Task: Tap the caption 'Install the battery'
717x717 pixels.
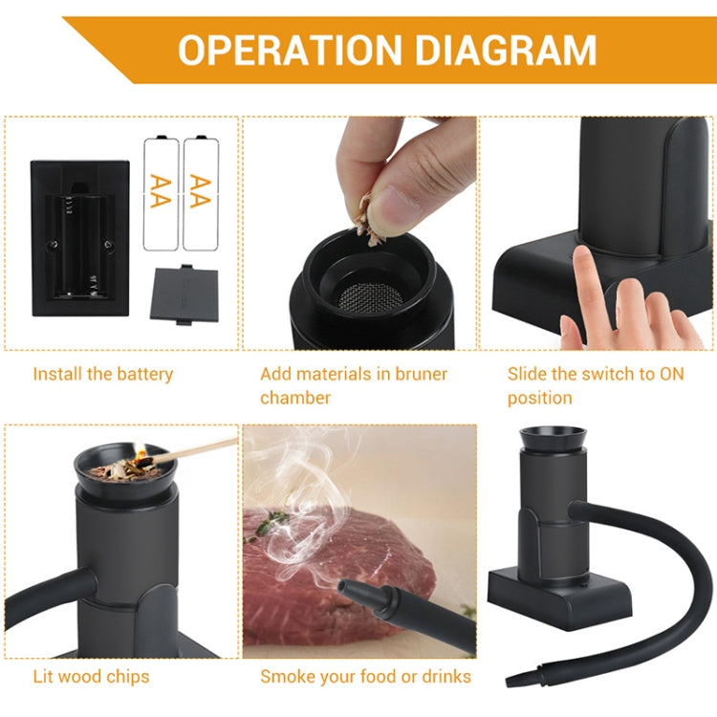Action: pyautogui.click(x=103, y=374)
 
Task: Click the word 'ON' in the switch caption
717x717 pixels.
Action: pyautogui.click(x=672, y=374)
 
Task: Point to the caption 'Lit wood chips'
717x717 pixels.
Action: pyautogui.click(x=91, y=677)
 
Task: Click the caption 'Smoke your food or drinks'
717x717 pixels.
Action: pyautogui.click(x=365, y=677)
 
